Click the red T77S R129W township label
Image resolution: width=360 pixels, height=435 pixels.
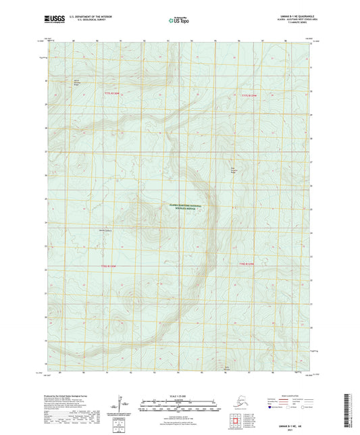point(250,95)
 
